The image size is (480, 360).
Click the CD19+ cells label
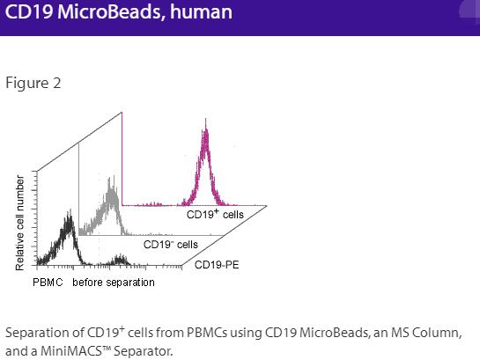[x=214, y=214]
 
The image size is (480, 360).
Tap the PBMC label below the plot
[x=48, y=283]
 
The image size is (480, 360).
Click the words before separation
[x=114, y=283]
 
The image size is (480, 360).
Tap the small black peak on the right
[x=119, y=259]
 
